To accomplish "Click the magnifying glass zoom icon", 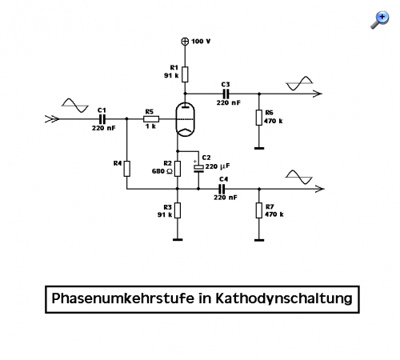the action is [380, 20].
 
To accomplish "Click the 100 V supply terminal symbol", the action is [185, 42].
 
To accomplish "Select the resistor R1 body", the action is [185, 74].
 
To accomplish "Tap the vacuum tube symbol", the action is [185, 119].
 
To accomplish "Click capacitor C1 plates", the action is [102, 119].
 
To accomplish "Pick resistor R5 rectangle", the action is [151, 119].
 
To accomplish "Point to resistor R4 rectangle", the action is [127, 169].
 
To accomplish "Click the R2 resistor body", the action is [178, 169].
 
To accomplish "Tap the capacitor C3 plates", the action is [226, 94].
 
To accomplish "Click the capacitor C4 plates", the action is [222, 189].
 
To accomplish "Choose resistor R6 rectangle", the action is [259, 118].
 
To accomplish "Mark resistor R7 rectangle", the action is [259, 210].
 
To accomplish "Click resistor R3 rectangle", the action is [178, 210].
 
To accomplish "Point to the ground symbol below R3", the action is [178, 240].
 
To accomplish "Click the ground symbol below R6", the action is [259, 148].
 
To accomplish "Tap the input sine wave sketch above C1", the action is [75, 106].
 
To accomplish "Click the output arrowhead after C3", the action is [318, 94].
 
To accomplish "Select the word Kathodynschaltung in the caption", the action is [284, 298].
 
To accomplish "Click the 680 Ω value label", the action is [162, 171].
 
